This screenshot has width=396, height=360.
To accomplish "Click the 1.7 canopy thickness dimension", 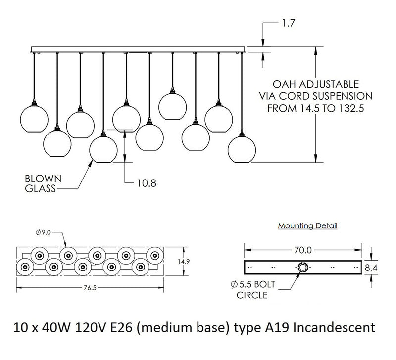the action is point(288,23).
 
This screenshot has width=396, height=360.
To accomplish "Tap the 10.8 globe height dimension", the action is point(147,183).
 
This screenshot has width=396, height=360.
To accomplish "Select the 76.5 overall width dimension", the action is point(90,288).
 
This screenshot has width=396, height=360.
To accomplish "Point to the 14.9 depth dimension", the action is point(183,262).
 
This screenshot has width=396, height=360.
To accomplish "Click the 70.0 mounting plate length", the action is point(303,250).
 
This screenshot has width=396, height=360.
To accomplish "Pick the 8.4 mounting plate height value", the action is point(371,268).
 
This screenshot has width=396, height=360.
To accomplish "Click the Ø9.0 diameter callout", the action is point(43,232).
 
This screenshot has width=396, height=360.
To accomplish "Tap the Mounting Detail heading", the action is point(307,225).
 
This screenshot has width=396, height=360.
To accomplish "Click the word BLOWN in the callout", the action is point(43,179).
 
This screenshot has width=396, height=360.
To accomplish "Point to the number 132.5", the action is point(350,108).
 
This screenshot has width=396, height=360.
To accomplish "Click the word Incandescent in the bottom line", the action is point(335,328).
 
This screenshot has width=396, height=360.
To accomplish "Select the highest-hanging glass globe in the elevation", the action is point(172,106).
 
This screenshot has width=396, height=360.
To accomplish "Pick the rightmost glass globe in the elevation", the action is point(242,149).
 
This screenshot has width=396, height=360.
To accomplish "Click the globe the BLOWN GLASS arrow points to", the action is point(103,149).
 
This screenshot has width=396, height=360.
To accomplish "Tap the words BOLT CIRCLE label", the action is point(255,290).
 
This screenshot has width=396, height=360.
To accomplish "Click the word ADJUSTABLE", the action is point(328,84).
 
